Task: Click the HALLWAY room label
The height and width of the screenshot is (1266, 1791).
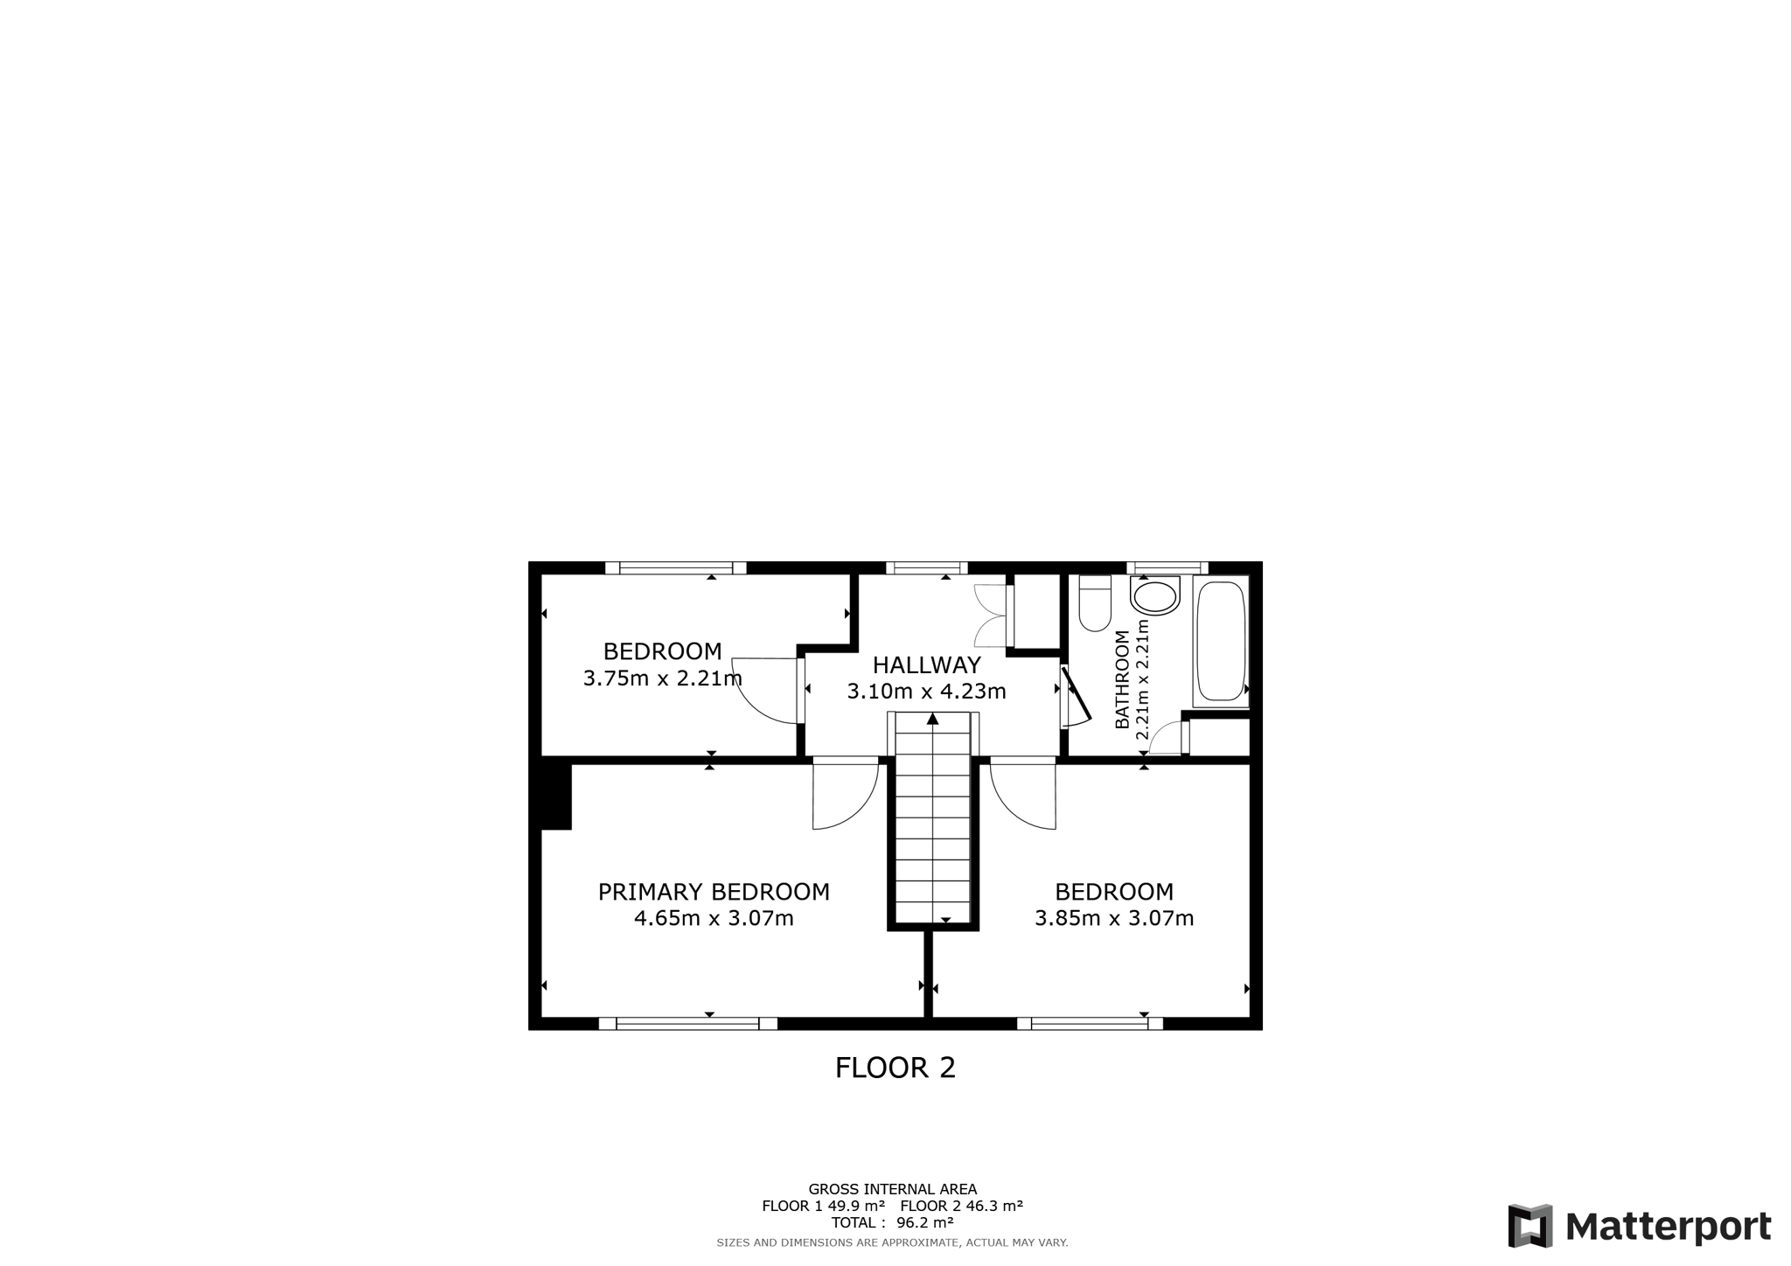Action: click(x=926, y=665)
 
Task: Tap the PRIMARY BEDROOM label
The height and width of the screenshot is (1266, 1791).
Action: click(x=714, y=892)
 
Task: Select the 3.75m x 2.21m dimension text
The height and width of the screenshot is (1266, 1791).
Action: click(x=662, y=678)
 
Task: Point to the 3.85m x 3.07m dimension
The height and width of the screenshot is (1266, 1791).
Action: click(x=1114, y=918)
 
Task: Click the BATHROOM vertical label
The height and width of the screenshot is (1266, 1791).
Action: click(x=1122, y=679)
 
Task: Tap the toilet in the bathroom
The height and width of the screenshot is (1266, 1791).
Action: click(x=1095, y=602)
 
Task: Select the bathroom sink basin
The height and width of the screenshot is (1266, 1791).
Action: click(x=1154, y=596)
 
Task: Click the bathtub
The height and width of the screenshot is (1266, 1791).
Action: click(x=1221, y=641)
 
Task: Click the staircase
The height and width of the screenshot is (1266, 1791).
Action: click(x=933, y=818)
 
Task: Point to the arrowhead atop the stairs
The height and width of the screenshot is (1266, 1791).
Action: click(x=933, y=719)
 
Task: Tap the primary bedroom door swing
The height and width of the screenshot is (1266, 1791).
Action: click(x=845, y=793)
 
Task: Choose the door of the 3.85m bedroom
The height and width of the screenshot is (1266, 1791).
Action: click(x=1023, y=793)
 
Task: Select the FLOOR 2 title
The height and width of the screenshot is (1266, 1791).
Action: click(x=895, y=1068)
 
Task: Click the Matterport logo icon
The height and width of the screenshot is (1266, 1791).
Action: click(x=1530, y=1226)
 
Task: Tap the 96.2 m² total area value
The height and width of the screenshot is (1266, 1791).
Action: click(x=924, y=1222)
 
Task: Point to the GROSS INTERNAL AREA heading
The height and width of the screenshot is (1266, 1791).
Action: click(x=893, y=1189)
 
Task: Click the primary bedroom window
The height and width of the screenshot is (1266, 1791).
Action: click(x=688, y=1024)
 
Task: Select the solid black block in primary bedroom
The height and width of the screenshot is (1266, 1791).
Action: click(x=556, y=796)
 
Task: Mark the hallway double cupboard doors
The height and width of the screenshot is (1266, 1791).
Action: click(x=993, y=615)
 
